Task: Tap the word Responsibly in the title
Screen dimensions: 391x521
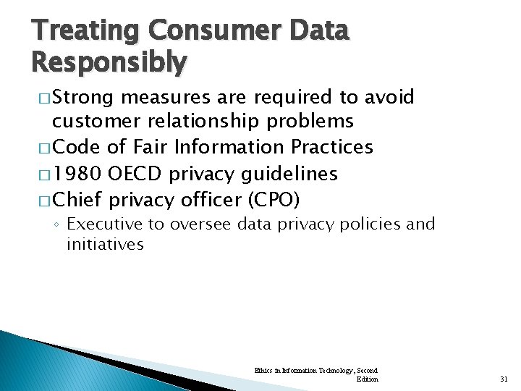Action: click(109, 64)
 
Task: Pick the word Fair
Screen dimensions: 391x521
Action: click(147, 147)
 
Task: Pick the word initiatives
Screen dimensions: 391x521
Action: click(105, 245)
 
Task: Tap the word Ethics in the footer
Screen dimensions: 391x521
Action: click(262, 371)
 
